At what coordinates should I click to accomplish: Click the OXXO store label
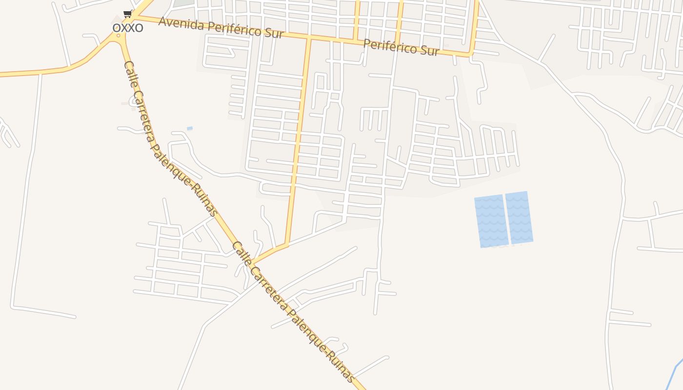coord(128,27)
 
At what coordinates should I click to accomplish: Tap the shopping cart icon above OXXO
coord(127,14)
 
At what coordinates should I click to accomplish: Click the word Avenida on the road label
coord(180,23)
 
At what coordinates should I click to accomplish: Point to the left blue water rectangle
coord(491,221)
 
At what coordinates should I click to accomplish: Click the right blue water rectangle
coord(519,217)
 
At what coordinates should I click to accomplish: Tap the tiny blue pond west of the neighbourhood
coord(190,128)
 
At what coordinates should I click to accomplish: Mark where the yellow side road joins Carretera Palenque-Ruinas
coord(253,263)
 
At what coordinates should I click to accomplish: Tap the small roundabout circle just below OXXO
coord(118,36)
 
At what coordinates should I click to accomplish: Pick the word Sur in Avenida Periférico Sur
coord(273,34)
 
